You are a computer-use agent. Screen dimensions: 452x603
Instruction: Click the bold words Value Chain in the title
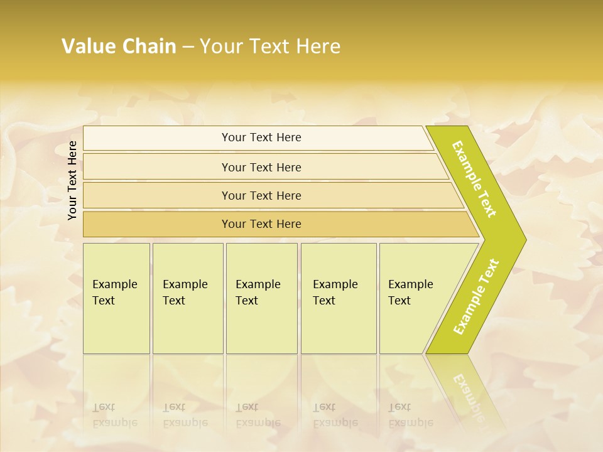point(119,46)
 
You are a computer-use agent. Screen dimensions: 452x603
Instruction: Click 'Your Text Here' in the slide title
point(270,46)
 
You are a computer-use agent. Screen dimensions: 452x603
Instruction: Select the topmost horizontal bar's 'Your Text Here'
point(261,137)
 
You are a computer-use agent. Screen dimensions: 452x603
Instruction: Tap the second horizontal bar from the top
point(261,167)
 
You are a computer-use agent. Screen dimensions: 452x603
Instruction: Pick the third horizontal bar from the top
point(261,195)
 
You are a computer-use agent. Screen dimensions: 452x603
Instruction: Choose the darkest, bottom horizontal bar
point(261,224)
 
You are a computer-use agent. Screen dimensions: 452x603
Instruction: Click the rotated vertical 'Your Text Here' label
point(72,180)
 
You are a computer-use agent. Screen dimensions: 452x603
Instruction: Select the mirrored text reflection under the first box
point(115,415)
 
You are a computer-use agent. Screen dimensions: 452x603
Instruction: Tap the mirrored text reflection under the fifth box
point(411,415)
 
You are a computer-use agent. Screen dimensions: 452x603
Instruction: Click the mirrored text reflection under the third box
point(258,415)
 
